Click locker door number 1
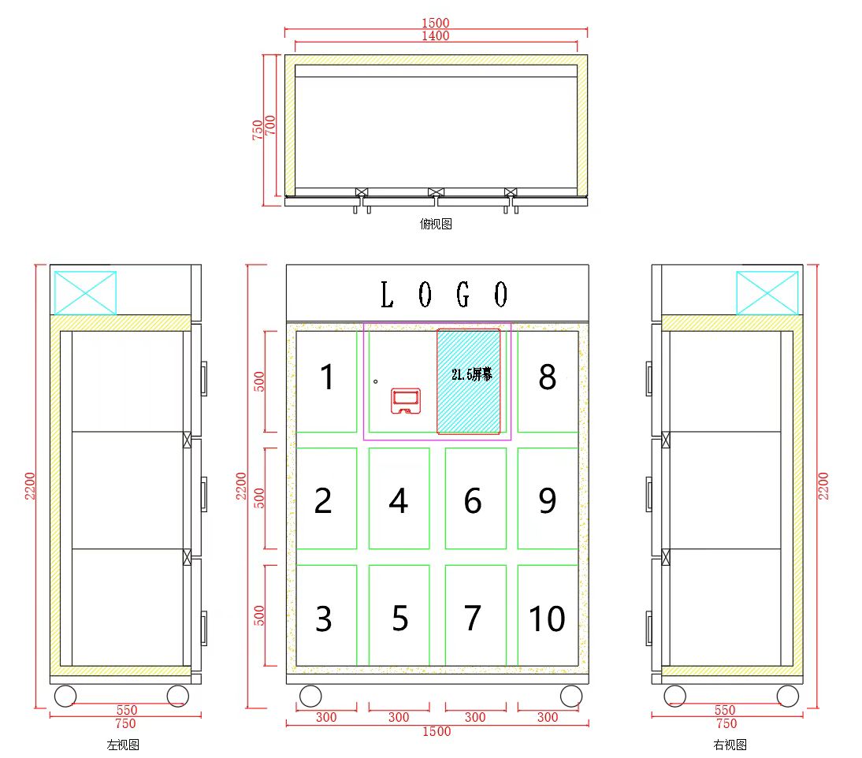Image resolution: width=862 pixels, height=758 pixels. pyautogui.click(x=326, y=381)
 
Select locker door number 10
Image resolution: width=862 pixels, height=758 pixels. pyautogui.click(x=548, y=615)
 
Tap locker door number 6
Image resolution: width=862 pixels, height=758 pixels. pyautogui.click(x=476, y=499)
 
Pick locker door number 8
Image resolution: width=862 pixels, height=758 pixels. pyautogui.click(x=548, y=381)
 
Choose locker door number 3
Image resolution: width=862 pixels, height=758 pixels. pyautogui.click(x=326, y=615)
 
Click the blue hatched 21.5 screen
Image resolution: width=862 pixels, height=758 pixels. pyautogui.click(x=469, y=381)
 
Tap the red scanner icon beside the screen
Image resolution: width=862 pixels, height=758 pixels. pyautogui.click(x=406, y=401)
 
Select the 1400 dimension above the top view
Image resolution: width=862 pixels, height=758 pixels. pyautogui.click(x=436, y=35)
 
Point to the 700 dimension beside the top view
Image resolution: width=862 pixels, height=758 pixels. pyautogui.click(x=270, y=125)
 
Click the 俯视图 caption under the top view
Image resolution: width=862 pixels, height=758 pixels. pyautogui.click(x=436, y=224)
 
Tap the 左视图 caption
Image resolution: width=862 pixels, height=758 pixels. pyautogui.click(x=123, y=745)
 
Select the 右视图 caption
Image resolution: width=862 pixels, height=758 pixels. pyautogui.click(x=730, y=745)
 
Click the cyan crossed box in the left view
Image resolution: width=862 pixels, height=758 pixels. pyautogui.click(x=85, y=293)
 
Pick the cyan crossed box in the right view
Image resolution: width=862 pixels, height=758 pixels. pyautogui.click(x=767, y=293)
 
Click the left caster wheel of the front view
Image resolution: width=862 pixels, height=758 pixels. pyautogui.click(x=310, y=696)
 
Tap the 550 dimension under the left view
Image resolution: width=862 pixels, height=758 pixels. pyautogui.click(x=126, y=710)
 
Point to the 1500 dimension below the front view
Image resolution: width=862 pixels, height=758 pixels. pyautogui.click(x=437, y=732)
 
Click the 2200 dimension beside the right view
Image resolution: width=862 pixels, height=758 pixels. pyautogui.click(x=823, y=486)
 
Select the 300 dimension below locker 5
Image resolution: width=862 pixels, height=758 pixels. pyautogui.click(x=399, y=717)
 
